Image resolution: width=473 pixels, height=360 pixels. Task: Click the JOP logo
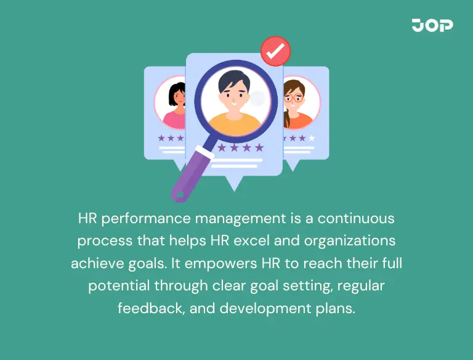coord(432,25)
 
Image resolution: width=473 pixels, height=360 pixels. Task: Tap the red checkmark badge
coord(275,51)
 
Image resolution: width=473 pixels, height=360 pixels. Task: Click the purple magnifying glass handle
coord(192,173)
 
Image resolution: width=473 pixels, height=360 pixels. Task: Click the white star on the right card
coord(312,138)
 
